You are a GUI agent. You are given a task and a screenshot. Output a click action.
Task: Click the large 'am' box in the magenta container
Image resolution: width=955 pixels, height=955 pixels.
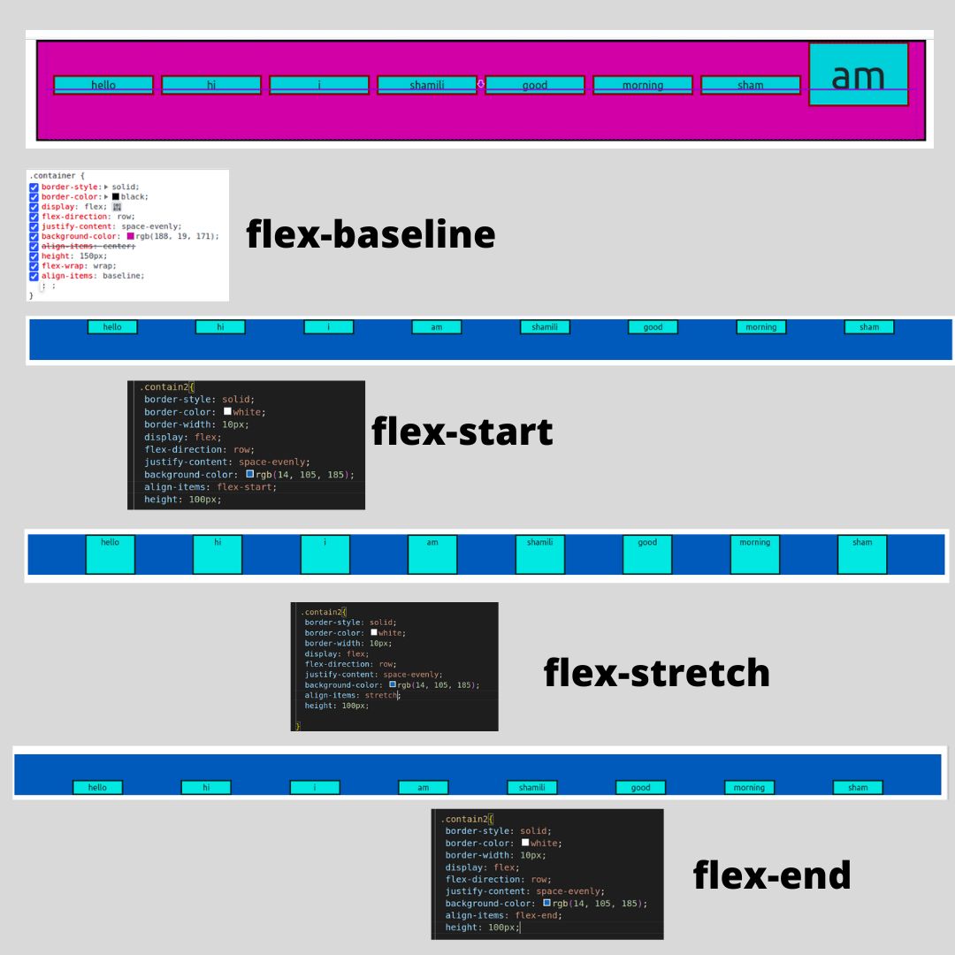(859, 74)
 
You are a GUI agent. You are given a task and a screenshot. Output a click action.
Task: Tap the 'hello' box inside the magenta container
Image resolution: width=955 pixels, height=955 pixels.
(103, 85)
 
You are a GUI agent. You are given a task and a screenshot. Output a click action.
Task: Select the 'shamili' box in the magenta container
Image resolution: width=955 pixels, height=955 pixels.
(427, 85)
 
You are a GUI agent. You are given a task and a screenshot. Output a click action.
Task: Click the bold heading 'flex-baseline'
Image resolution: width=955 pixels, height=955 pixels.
(371, 234)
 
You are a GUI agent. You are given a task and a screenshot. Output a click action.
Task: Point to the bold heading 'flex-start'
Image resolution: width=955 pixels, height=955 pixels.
(462, 432)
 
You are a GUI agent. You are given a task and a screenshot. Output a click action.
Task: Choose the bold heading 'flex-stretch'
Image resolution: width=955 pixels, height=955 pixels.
(656, 673)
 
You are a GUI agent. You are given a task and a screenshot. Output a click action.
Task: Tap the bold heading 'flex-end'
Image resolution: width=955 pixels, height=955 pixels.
(771, 875)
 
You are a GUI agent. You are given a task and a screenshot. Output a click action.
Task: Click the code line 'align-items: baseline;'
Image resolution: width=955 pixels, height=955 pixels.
(92, 276)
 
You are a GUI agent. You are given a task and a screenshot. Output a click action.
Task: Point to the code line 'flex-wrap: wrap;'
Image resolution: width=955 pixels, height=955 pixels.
(79, 265)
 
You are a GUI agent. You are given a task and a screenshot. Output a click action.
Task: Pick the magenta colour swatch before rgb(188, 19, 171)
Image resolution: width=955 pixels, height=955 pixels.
(131, 236)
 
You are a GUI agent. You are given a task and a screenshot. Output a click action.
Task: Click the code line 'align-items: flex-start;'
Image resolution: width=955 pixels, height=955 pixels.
(210, 487)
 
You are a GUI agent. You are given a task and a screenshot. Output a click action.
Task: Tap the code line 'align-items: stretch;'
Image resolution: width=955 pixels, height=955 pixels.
(351, 695)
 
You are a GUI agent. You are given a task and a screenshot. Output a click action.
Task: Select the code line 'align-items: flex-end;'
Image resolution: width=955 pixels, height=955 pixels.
(503, 915)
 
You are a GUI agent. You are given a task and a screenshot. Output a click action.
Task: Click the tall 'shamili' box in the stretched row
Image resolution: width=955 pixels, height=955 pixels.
(539, 554)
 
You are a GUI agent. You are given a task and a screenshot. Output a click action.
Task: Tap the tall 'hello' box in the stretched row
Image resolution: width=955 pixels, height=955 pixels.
(111, 554)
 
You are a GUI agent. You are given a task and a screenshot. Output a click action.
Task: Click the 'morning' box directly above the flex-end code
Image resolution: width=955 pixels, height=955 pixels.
(749, 787)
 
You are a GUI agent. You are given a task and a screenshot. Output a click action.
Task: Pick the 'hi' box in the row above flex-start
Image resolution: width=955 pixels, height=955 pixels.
(220, 327)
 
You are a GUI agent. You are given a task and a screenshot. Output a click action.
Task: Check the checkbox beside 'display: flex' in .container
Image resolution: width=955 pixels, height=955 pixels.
(34, 207)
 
